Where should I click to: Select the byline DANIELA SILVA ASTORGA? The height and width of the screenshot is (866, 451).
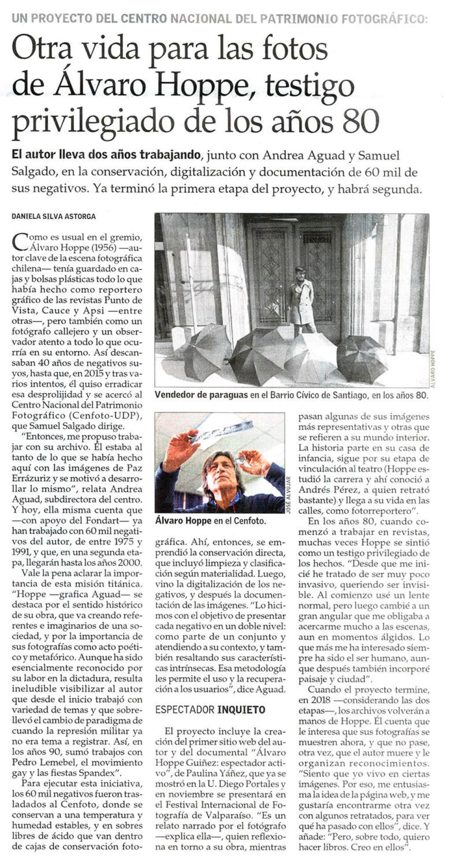[53, 216]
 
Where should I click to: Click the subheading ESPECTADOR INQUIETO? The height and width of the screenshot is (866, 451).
[211, 709]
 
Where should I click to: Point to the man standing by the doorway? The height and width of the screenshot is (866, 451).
[302, 299]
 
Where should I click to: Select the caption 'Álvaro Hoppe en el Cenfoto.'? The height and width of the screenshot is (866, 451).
[211, 521]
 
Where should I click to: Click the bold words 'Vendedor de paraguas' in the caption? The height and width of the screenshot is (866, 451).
[201, 395]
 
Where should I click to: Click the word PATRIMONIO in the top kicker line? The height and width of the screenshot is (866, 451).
[307, 19]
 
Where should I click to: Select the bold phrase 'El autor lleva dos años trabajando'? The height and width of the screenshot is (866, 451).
[106, 155]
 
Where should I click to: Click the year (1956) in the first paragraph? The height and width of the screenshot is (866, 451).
[103, 247]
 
